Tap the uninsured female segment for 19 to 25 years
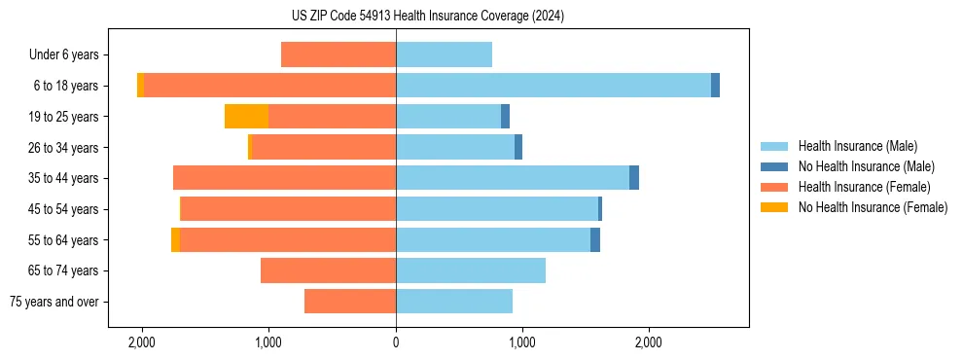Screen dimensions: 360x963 tap(246, 117)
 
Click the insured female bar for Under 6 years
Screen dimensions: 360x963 tap(339, 54)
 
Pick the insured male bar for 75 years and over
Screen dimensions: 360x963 tap(454, 302)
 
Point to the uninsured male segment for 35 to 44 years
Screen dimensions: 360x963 tap(634, 178)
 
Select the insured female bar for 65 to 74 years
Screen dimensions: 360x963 tap(328, 270)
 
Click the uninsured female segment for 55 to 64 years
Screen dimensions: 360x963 tap(175, 240)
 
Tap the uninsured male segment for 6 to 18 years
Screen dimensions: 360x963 tap(715, 86)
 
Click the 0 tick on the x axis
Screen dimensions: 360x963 tap(396, 342)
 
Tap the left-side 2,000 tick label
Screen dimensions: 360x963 tap(142, 342)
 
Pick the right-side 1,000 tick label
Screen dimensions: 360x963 tap(522, 342)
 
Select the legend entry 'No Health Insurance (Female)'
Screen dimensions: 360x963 tap(873, 207)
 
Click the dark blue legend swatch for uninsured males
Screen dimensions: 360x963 tap(774, 166)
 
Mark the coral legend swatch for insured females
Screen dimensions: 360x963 tap(774, 187)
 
